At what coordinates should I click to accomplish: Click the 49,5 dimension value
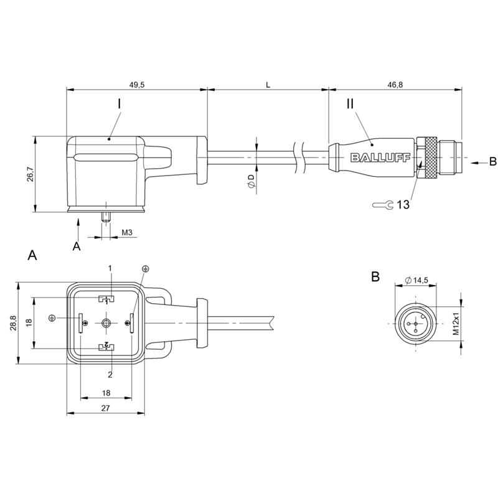click(137, 85)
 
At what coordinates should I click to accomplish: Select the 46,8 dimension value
click(395, 85)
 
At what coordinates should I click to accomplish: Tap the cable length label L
click(268, 85)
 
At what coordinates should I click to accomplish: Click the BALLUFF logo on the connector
click(380, 157)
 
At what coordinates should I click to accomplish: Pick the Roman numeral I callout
click(119, 103)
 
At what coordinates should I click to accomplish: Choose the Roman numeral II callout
click(350, 103)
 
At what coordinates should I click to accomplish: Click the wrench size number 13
click(403, 205)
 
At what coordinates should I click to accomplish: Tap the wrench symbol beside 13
click(383, 205)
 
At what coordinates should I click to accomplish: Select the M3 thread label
click(127, 232)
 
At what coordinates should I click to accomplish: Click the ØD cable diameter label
click(251, 181)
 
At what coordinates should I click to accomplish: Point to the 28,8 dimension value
click(13, 323)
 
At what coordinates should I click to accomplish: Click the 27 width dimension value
click(105, 408)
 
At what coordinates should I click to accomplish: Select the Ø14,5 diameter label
click(417, 280)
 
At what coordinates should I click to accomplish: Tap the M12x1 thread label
click(456, 324)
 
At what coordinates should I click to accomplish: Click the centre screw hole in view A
click(106, 323)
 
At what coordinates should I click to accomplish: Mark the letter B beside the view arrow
click(492, 162)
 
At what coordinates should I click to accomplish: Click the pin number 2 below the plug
click(110, 375)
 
